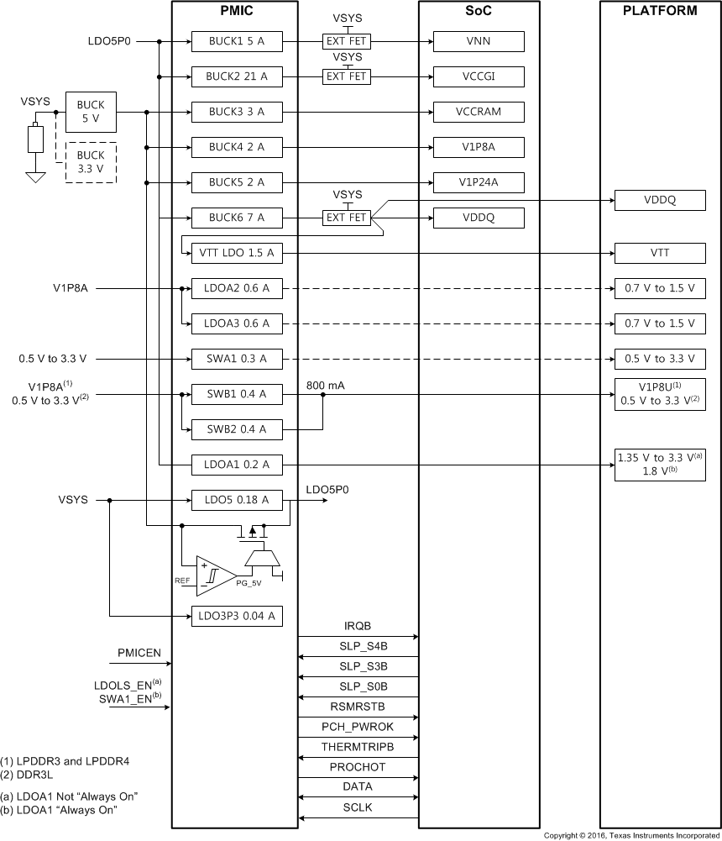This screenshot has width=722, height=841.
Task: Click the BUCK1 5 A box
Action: tap(237, 41)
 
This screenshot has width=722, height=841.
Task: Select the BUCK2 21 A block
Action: tap(237, 76)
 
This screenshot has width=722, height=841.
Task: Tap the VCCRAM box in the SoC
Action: tap(479, 112)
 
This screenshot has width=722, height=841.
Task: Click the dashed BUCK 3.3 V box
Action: tap(91, 161)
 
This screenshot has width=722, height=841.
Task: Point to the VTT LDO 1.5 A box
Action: tap(237, 253)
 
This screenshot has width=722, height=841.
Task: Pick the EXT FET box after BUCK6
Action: tap(347, 218)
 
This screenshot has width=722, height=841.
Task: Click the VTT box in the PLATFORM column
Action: tap(660, 253)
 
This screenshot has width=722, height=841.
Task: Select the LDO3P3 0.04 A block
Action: tap(237, 616)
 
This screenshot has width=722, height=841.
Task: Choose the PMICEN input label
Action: tap(139, 652)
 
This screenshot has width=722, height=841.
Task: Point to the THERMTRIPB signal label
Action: tap(358, 746)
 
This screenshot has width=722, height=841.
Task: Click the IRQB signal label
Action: tap(358, 626)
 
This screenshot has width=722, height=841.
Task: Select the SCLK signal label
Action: tap(358, 807)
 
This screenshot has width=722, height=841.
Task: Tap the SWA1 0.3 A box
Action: tap(237, 359)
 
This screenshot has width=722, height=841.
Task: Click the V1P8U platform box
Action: tap(660, 393)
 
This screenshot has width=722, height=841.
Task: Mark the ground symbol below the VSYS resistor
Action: tap(34, 178)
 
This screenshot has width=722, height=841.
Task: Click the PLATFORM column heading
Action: tap(660, 12)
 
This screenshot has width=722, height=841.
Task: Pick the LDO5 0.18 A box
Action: tap(237, 500)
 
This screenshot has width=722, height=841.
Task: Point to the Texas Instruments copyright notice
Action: tap(631, 835)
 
